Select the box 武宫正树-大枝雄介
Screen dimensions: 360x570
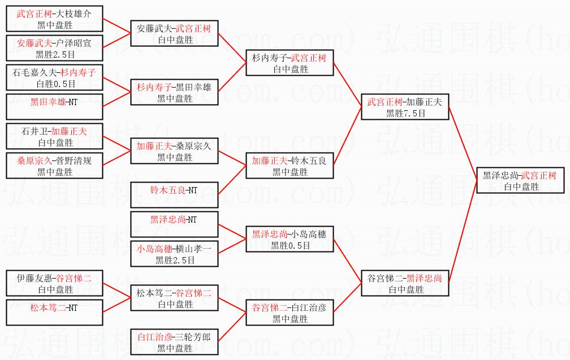tap(55, 19)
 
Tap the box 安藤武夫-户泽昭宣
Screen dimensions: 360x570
tap(55, 48)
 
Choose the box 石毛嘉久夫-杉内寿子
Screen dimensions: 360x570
tap(55, 78)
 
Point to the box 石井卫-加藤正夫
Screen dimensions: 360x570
tap(55, 137)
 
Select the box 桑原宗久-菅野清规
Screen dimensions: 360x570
tap(55, 166)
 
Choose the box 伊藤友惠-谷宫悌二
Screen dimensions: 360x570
tap(55, 284)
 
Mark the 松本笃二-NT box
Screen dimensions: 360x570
tap(55, 313)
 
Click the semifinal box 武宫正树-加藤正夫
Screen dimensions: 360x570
tap(405, 107)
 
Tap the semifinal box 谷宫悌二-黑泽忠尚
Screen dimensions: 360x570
tap(405, 284)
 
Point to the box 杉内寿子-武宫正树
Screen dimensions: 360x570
tap(290, 63)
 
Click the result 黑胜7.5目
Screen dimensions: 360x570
tap(405, 112)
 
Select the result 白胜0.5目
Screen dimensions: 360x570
tap(55, 84)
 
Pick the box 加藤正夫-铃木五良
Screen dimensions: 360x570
tap(290, 166)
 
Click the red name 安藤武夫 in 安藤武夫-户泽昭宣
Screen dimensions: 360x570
tap(34, 42)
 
